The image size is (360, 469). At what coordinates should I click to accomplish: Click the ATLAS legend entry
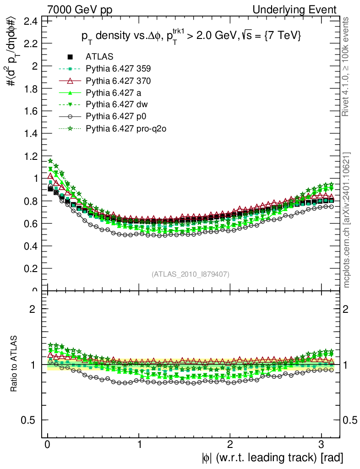[98, 57]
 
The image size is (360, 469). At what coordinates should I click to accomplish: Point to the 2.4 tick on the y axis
[31, 21]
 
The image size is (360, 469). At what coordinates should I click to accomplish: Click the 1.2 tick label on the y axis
[31, 156]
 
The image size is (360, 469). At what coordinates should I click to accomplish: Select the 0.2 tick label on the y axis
[31, 268]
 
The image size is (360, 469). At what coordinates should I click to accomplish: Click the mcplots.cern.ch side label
[347, 220]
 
